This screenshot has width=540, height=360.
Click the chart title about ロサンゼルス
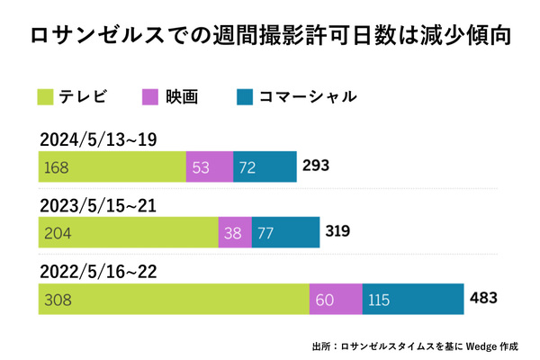tap(270, 37)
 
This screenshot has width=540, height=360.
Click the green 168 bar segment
tap(112, 166)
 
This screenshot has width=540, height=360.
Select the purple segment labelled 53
tap(209, 166)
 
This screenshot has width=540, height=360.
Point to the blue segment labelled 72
tap(265, 166)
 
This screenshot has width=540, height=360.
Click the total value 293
tap(317, 166)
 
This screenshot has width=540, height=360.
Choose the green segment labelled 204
tap(128, 232)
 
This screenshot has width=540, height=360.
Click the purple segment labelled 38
tap(234, 232)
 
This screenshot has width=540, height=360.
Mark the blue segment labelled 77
tap(285, 232)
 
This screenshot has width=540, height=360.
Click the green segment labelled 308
tap(173, 298)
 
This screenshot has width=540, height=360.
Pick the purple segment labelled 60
tap(335, 298)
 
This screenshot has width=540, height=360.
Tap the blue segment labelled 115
tap(412, 298)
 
